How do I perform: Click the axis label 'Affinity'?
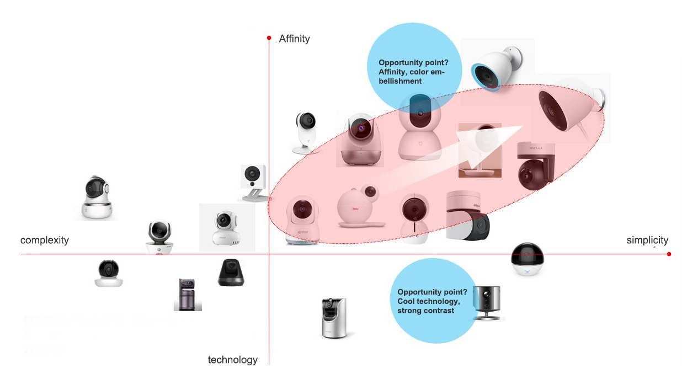[x=294, y=39]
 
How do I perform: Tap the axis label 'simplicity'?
[x=647, y=240]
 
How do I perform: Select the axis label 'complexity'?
[x=45, y=240]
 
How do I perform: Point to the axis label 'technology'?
[x=232, y=360]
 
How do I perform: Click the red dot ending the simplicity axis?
[x=669, y=254]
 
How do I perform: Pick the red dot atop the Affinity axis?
[x=269, y=38]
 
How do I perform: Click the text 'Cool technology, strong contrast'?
[x=428, y=301]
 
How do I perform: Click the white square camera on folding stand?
[x=253, y=182]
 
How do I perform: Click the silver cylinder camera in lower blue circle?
[x=488, y=302]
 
